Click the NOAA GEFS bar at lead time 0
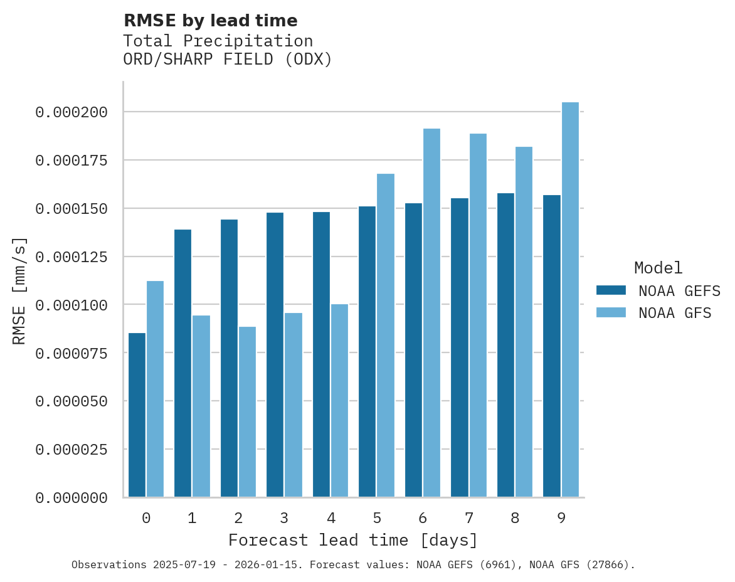137,415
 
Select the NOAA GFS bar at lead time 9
570,299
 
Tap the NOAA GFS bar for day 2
247,411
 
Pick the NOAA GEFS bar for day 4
321,354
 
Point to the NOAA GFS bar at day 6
431,312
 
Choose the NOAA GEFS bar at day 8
505,345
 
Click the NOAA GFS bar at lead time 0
155,389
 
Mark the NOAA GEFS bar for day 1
182,363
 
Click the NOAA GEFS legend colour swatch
611,290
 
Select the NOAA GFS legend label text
675,312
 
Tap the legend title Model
658,268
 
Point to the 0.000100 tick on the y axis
71,305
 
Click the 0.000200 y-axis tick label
71,112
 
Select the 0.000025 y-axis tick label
71,450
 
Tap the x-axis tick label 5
377,518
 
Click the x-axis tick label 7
469,518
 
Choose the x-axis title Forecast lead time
352,540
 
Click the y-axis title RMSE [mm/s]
19,290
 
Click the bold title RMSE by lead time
210,21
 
